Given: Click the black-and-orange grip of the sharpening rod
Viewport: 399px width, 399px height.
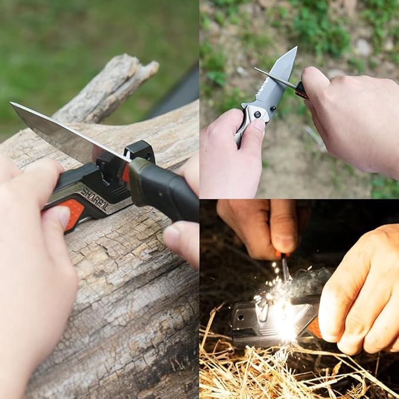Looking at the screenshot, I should (x=301, y=90).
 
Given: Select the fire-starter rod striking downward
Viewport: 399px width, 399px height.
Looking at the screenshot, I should (x=285, y=267).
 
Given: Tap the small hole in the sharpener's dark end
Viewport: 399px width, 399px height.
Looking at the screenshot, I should (x=240, y=321).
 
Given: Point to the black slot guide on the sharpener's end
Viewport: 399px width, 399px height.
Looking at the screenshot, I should (x=139, y=152).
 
